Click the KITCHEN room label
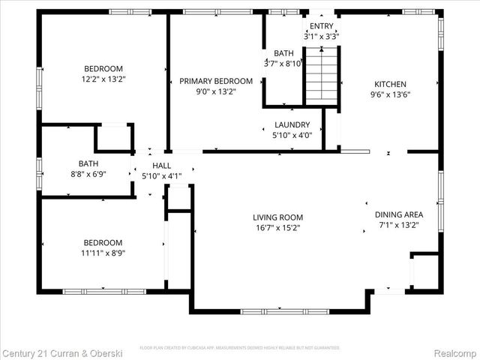pos(391,84)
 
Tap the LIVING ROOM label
pos(277,217)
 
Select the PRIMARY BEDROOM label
pos(216,81)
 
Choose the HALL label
pos(161,166)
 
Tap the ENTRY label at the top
pos(322,25)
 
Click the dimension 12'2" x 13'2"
pos(103,78)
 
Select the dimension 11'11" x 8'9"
pos(103,253)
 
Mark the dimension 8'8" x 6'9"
pos(88,172)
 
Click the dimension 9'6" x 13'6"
pos(391,94)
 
